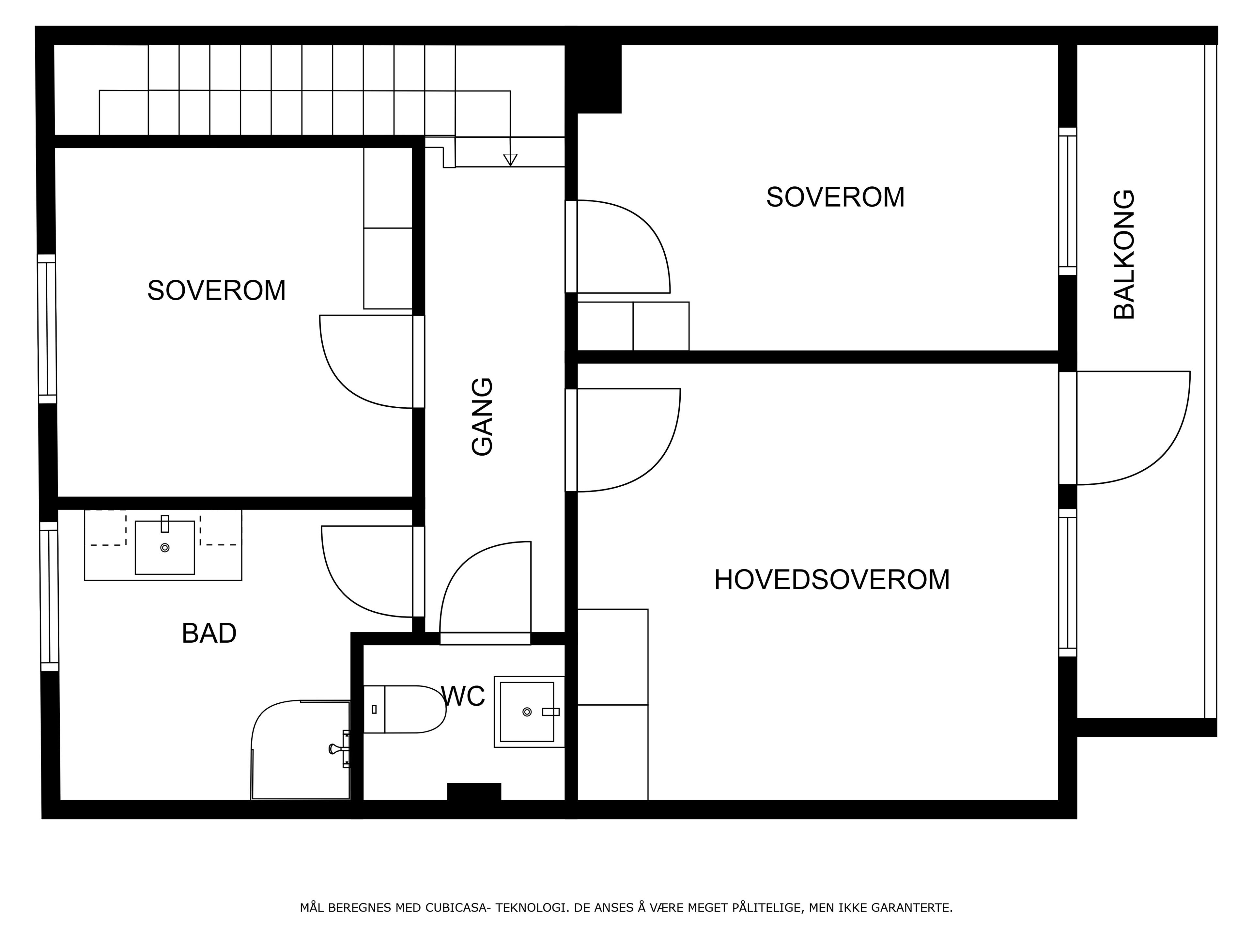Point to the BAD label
tap(209, 634)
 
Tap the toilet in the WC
tap(404, 709)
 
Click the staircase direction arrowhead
tap(510, 160)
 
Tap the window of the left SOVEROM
tap(47, 329)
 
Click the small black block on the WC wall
tap(474, 791)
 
